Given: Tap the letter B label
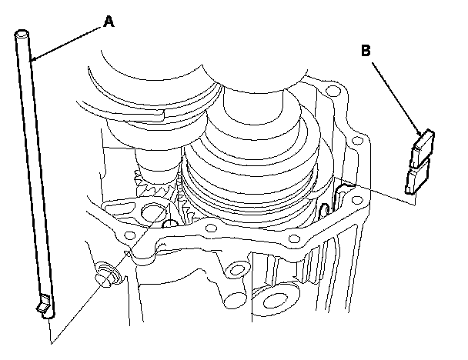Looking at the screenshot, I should coord(366,52).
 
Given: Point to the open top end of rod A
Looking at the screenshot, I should coord(22,34).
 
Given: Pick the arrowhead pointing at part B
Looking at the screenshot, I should coord(420,132).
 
